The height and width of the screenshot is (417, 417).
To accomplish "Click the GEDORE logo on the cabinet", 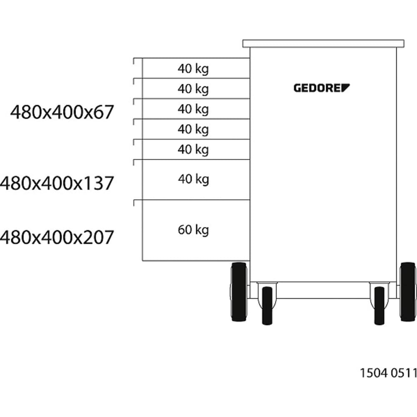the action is [x=322, y=88].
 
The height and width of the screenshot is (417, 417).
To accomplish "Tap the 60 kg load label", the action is [x=193, y=230].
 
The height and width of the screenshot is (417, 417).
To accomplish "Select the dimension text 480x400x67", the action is [x=62, y=112].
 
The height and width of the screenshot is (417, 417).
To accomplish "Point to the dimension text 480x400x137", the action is [x=57, y=183].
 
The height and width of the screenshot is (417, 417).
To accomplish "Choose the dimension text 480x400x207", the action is [x=57, y=238].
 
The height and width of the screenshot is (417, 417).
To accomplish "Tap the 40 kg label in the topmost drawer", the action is [x=193, y=69].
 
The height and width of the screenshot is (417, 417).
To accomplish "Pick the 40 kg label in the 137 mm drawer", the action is [x=193, y=179].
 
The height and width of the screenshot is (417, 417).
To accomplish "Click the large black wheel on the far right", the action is [x=407, y=291].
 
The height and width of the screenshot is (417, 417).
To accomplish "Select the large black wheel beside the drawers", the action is [x=239, y=292].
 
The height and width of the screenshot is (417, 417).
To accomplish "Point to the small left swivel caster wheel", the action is [x=267, y=306].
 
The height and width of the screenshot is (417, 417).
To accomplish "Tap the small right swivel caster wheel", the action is [x=379, y=306].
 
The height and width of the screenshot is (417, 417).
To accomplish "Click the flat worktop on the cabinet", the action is [x=323, y=43].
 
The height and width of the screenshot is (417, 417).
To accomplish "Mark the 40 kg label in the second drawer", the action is [x=193, y=89].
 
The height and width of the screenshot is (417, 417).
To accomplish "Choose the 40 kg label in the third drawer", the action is [x=193, y=109].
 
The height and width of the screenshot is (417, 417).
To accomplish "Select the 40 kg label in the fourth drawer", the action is [x=193, y=129].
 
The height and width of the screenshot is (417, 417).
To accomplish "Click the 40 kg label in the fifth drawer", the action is [x=193, y=149].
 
